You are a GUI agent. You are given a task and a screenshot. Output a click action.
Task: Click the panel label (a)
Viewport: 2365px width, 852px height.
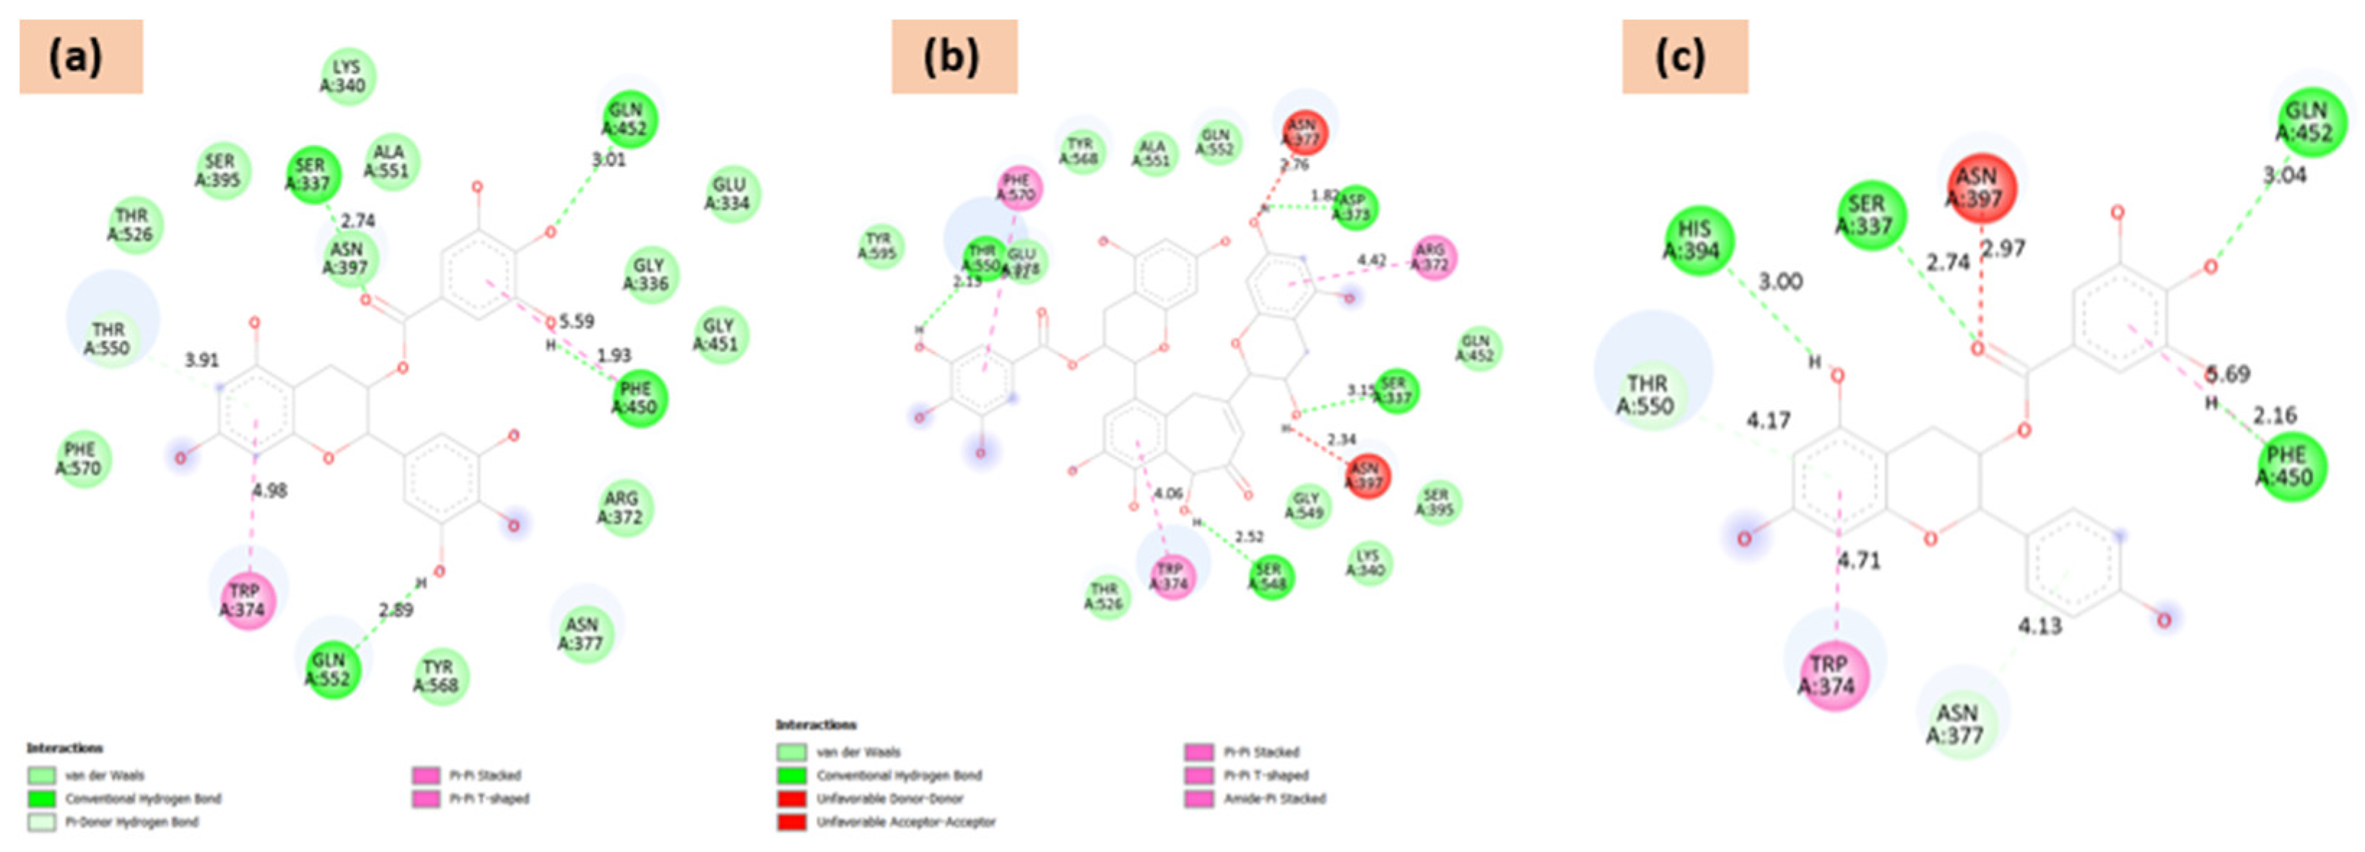(81, 57)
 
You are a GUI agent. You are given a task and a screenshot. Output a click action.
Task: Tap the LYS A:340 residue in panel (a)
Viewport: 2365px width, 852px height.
(348, 77)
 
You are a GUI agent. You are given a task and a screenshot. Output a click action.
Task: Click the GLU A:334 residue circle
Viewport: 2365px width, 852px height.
(732, 194)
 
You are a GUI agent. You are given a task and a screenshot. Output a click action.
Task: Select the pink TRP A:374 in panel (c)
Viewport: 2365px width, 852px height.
(1832, 675)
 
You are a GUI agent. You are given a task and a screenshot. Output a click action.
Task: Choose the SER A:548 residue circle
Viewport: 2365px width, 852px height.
(1271, 577)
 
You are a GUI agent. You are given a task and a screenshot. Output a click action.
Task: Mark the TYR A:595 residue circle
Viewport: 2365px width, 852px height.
(879, 246)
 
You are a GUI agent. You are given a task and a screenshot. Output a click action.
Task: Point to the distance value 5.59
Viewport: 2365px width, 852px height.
(577, 321)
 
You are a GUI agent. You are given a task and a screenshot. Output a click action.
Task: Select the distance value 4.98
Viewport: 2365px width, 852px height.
(270, 491)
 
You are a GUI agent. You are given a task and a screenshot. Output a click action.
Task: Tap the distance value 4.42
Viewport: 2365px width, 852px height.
(1372, 261)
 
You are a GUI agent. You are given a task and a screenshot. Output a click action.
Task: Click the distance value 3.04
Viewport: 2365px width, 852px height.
(2284, 175)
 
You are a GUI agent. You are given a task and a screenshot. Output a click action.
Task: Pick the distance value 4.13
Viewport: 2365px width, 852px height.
(2039, 626)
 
